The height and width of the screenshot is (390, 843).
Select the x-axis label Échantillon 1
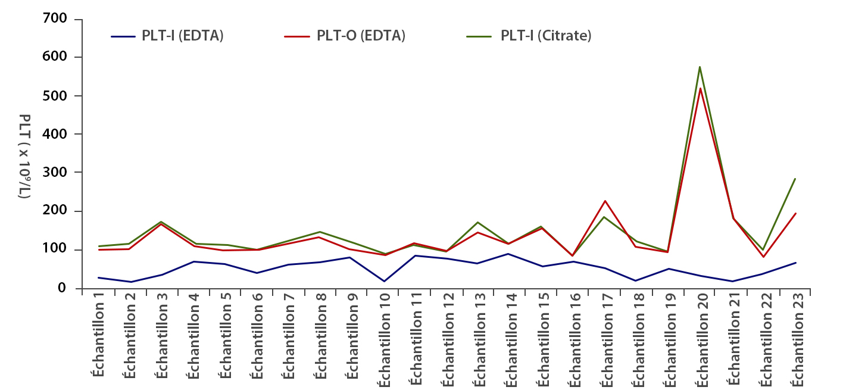98,338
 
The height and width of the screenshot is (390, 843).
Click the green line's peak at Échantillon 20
700,67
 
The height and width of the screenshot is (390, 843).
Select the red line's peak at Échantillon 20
700,89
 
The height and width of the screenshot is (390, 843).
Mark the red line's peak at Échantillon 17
605,201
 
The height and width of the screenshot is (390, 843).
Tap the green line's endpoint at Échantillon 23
795,179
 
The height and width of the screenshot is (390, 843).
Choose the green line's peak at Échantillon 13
478,223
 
